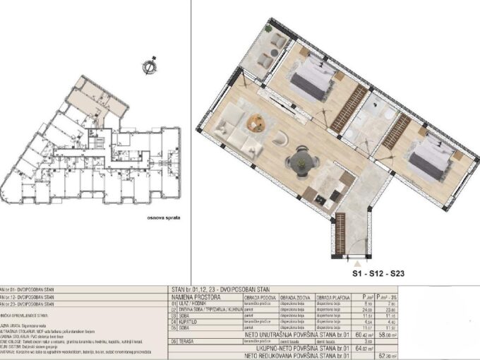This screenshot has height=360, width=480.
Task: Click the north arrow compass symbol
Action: click(148, 67)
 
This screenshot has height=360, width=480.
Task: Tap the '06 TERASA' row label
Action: click(186, 340)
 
